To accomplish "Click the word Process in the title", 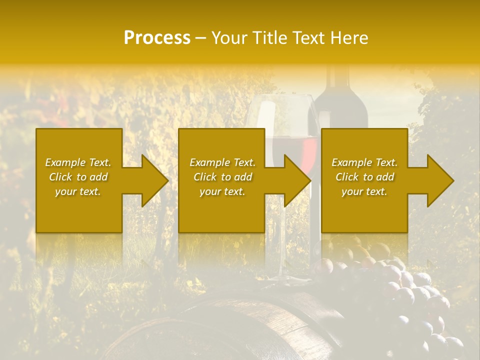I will (157, 38).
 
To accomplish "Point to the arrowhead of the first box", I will (155, 180).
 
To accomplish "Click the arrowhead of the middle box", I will (298, 180).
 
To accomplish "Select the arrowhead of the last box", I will (441, 180).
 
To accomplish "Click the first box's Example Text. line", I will (78, 162).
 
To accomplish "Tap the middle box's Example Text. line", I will (222, 162).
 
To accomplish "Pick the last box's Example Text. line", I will (364, 162).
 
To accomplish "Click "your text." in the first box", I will (78, 191).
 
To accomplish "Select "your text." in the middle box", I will (222, 191).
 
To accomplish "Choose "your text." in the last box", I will (364, 191).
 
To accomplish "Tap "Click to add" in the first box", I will (78, 177).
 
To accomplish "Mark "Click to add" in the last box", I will (364, 177).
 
